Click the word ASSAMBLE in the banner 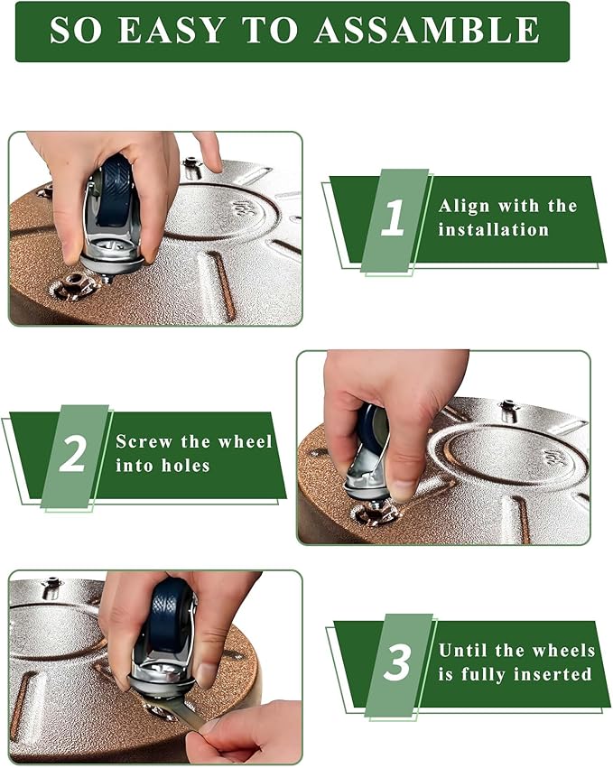[427, 30]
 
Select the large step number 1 [393, 217]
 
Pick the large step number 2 [72, 454]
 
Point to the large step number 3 [397, 662]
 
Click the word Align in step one [463, 206]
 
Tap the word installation [494, 229]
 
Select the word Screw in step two [144, 441]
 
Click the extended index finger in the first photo [208, 151]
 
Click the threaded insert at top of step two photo [509, 408]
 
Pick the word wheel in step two [245, 441]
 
